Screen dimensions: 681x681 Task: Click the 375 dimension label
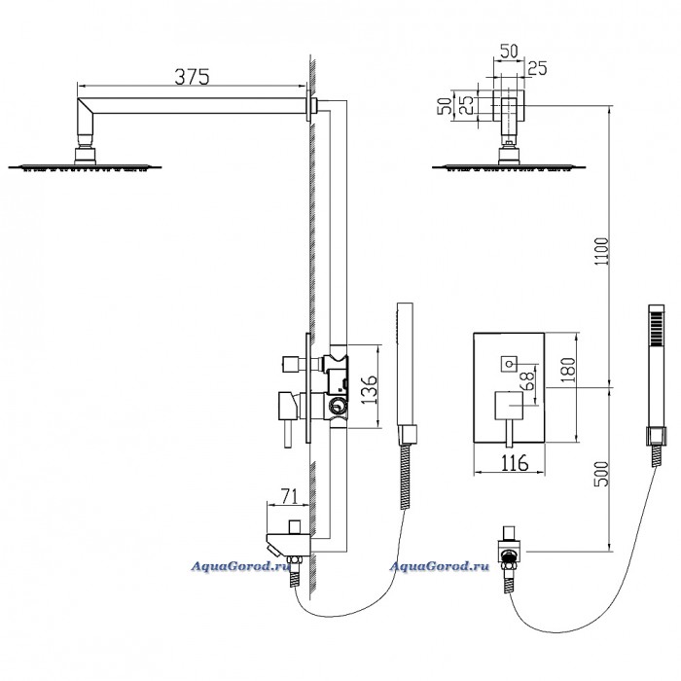pyautogui.click(x=192, y=77)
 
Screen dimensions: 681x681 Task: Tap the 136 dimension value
pyautogui.click(x=370, y=389)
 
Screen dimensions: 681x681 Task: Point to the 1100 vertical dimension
pyautogui.click(x=602, y=251)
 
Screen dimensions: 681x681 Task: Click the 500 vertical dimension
pyautogui.click(x=602, y=474)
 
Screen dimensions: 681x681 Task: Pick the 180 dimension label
pyautogui.click(x=567, y=370)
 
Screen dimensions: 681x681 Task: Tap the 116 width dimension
pyautogui.click(x=515, y=462)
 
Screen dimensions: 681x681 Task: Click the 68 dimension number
pyautogui.click(x=529, y=379)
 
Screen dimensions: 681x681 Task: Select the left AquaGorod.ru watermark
pyautogui.click(x=240, y=566)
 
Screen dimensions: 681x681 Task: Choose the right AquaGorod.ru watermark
pyautogui.click(x=439, y=566)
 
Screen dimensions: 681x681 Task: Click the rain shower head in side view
pyautogui.click(x=86, y=166)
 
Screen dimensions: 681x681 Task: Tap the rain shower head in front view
pyautogui.click(x=509, y=166)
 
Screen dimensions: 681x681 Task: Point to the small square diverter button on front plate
pyautogui.click(x=509, y=363)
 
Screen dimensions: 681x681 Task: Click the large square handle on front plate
pyautogui.click(x=509, y=406)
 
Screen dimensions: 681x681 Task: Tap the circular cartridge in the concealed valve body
pyautogui.click(x=337, y=407)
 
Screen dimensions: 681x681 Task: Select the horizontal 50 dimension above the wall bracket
pyautogui.click(x=509, y=51)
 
